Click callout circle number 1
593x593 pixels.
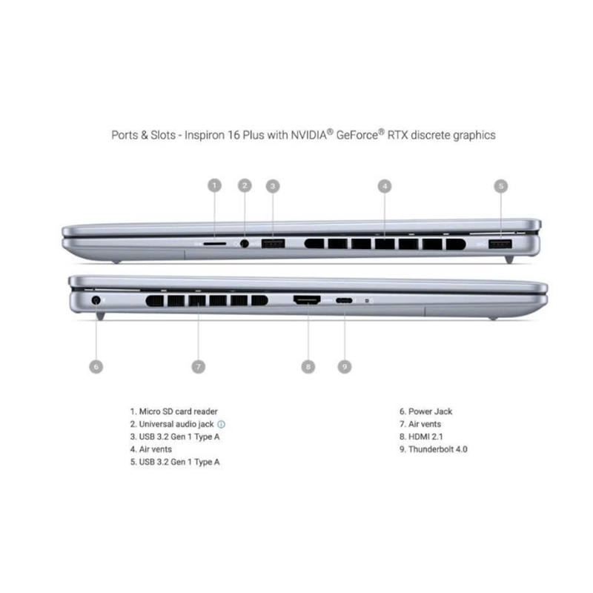[214, 185]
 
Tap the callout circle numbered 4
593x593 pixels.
[385, 186]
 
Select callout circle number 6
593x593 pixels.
[96, 366]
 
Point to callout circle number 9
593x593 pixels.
[344, 366]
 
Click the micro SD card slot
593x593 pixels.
[215, 244]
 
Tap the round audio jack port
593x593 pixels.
[245, 244]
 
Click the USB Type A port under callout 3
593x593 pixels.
[273, 244]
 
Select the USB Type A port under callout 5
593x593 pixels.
[500, 245]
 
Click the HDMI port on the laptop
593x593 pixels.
[307, 300]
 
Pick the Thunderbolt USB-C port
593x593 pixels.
[344, 301]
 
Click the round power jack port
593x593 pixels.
[96, 301]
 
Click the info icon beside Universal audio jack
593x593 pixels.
[221, 424]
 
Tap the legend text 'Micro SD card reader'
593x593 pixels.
[178, 411]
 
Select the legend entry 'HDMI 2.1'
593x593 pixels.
[425, 437]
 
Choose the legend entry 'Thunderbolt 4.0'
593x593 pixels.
[438, 449]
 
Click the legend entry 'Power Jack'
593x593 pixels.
[431, 411]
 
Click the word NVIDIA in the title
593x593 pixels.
[308, 135]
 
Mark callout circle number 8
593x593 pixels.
[308, 366]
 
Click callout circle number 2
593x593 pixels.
[245, 185]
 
